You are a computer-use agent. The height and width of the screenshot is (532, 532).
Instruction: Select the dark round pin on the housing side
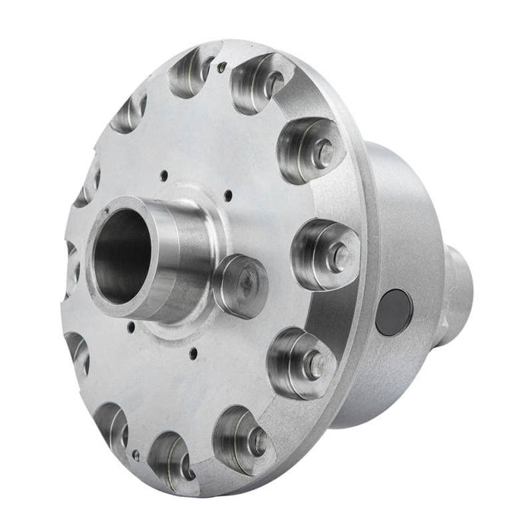coord(394,312)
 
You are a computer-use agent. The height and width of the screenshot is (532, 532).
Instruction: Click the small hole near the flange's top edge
coord(221,67)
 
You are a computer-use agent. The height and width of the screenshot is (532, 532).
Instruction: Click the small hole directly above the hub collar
coord(163,176)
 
